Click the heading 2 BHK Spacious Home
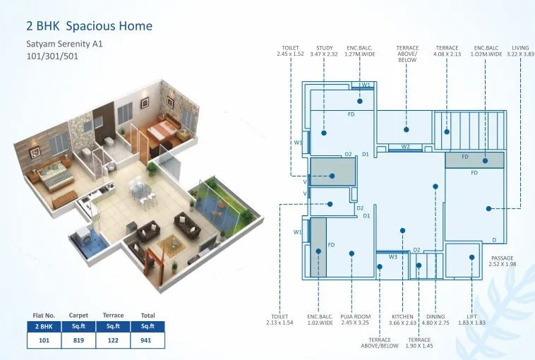(89, 27)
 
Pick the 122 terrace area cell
(113, 340)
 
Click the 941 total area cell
(147, 340)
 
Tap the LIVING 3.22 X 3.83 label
(520, 51)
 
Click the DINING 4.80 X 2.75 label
(435, 320)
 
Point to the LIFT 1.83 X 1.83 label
(471, 320)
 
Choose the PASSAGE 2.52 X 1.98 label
(503, 261)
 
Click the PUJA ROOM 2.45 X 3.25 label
(354, 320)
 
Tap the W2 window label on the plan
(405, 146)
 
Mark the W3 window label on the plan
(393, 257)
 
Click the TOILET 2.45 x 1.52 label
(290, 51)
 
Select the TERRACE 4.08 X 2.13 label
(447, 51)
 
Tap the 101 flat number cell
(44, 340)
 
